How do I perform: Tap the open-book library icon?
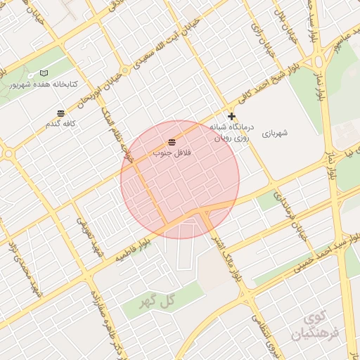44,73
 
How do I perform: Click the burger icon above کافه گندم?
61,113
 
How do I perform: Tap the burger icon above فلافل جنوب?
172,143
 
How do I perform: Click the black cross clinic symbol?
231,117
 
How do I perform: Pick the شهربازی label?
276,131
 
